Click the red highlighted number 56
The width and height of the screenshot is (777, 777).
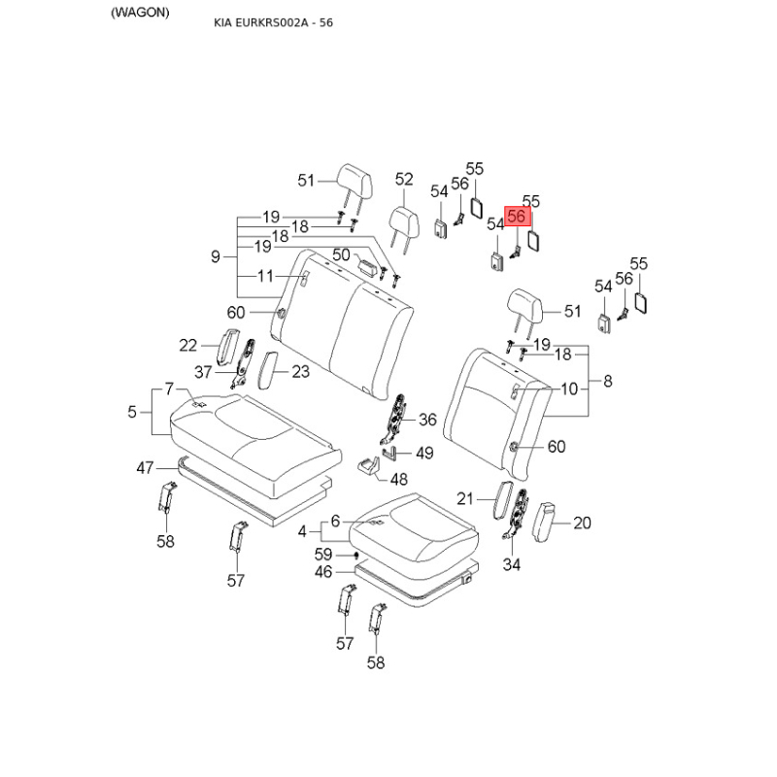click(517, 216)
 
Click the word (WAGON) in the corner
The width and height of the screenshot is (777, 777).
click(140, 12)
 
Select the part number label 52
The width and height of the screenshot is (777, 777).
click(404, 180)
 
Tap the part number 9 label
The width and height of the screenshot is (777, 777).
click(216, 256)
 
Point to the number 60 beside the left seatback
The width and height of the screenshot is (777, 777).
click(236, 312)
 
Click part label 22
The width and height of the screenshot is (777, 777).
click(188, 345)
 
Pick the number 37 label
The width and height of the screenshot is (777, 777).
click(203, 372)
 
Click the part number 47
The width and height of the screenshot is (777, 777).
click(145, 468)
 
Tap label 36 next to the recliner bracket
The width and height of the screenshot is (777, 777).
click(427, 420)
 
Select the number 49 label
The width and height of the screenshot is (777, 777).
click(424, 453)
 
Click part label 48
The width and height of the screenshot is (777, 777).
click(399, 478)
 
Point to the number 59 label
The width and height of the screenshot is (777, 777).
click(323, 555)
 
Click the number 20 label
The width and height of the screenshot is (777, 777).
click(582, 523)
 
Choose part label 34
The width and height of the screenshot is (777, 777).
click(512, 564)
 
